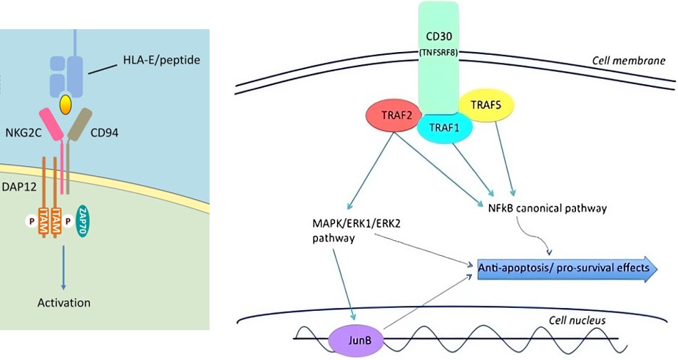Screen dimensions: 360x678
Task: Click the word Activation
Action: click(64, 302)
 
